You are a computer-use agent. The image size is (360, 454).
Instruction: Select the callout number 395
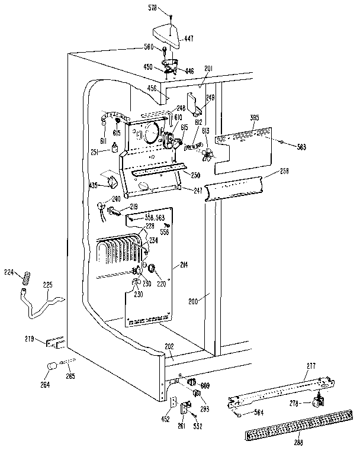pos(255,117)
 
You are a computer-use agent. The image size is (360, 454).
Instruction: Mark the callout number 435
pos(92,185)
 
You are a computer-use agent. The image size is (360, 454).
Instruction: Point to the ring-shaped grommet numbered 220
pos(152,269)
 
